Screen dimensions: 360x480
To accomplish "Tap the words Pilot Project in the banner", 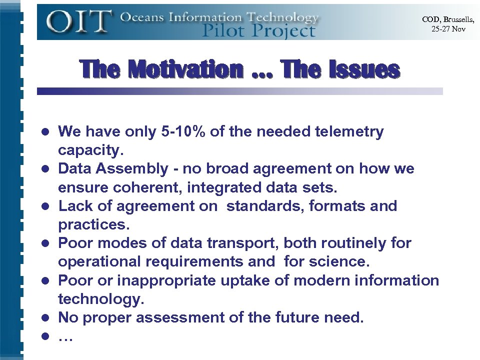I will (x=258, y=31).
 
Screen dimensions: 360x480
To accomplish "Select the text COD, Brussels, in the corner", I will (x=448, y=19).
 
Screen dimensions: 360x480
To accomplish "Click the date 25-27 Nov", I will (x=448, y=29).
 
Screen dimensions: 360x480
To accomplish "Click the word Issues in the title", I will (x=364, y=69).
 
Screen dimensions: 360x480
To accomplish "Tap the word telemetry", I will (x=349, y=132).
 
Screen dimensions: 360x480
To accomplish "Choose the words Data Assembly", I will (x=113, y=169).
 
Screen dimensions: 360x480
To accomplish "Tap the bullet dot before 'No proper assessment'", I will (x=45, y=318).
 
